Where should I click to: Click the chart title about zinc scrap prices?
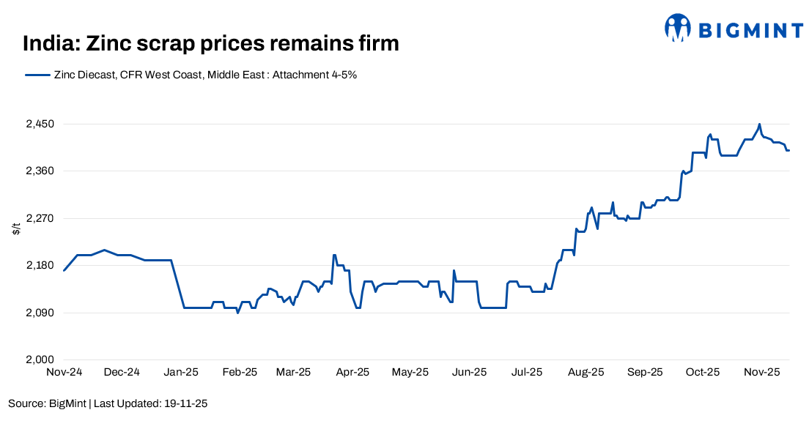coord(211,43)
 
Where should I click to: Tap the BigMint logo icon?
coord(678,28)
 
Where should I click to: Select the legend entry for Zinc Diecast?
coord(191,75)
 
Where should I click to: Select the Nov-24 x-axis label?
coord(64,372)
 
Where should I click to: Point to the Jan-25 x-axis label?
coord(180,372)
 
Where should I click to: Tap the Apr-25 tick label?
coord(352,372)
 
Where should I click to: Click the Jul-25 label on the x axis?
coord(527,372)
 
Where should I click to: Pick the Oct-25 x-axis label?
coord(703,372)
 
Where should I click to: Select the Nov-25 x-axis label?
coord(762,372)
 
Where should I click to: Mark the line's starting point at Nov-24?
coord(64,271)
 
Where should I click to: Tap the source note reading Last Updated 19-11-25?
coord(108,403)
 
